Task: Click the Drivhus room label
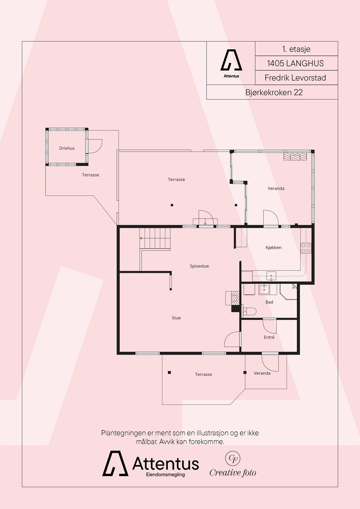click(x=67, y=148)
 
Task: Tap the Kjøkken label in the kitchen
click(x=273, y=248)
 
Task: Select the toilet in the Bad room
click(x=250, y=311)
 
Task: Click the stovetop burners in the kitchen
click(x=306, y=248)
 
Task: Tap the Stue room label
click(x=176, y=318)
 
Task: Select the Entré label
click(x=269, y=337)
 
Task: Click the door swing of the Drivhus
click(x=95, y=146)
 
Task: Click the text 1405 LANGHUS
click(x=295, y=63)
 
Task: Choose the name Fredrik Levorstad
click(x=295, y=78)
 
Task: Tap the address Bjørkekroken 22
click(x=274, y=93)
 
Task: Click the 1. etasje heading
click(x=296, y=49)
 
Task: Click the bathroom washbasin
click(x=264, y=290)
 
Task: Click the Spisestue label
click(x=199, y=266)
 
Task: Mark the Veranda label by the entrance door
click(x=262, y=373)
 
